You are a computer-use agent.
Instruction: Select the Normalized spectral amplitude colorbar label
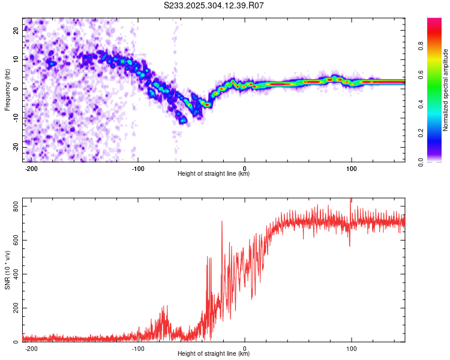click(x=446, y=90)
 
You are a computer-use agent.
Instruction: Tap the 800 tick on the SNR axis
click(x=15, y=206)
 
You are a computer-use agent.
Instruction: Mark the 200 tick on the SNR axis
click(x=15, y=308)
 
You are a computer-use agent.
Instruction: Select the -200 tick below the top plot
click(x=31, y=168)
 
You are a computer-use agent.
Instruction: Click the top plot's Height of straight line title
click(x=214, y=174)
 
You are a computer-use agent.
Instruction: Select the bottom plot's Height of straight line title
click(x=214, y=354)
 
